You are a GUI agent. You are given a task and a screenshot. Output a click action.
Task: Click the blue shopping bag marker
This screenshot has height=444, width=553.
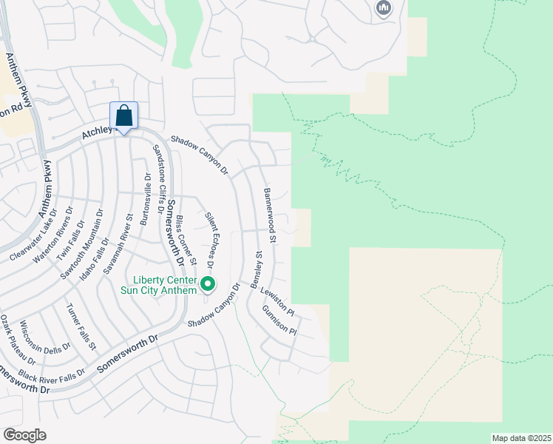[123, 116]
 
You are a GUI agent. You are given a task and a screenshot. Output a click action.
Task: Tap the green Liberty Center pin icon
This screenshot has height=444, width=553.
[208, 283]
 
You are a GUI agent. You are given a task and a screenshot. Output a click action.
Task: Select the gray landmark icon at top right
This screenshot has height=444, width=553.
[383, 8]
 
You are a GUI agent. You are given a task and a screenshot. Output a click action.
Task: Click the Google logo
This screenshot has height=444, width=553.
[24, 435]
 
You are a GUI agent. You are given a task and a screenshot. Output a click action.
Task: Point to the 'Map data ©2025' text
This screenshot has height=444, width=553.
[521, 438]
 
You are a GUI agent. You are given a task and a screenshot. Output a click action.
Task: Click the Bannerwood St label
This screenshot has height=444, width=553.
[270, 216]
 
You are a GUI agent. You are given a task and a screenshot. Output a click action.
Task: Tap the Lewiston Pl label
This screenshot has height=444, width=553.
[277, 300]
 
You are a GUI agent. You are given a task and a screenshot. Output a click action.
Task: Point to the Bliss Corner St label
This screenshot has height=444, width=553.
[186, 240]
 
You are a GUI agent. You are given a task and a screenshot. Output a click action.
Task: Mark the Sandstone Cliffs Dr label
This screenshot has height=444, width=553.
[159, 178]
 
